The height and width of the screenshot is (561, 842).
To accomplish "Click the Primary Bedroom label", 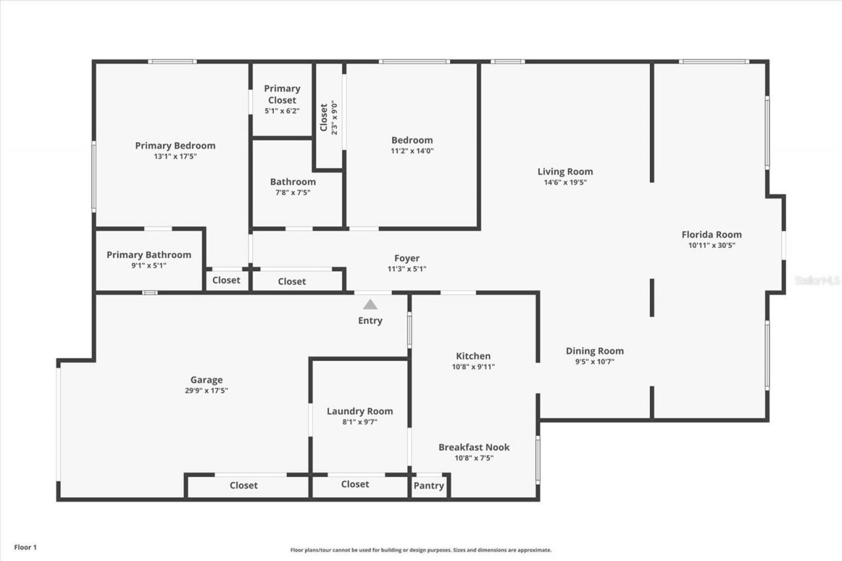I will coord(175,145).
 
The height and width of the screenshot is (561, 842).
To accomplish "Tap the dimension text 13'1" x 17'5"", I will coord(175,157).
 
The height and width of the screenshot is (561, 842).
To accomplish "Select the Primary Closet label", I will coord(282,94).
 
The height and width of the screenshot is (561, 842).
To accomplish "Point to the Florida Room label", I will coord(711,234).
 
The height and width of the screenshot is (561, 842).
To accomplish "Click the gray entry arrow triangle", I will coord(370,304).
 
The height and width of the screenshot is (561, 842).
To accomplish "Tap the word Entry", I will coord(370,320).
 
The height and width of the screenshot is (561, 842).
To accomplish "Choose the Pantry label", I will coord(428,485).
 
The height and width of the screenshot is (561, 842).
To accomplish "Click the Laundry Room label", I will coord(360,411).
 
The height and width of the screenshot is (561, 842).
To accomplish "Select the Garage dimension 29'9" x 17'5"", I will coord(207,390).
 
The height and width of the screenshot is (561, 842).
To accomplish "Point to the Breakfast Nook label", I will coord(474,447).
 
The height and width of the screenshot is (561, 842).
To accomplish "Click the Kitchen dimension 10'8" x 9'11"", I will coord(474,367).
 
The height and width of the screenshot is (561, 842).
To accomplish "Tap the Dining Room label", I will coord(595,351).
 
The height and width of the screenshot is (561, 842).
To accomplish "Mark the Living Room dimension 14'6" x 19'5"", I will coord(565,182).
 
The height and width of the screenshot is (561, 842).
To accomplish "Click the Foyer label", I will coord(407,258).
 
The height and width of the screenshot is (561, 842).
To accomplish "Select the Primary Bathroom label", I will coord(149,255).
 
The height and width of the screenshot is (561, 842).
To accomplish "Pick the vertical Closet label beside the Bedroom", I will coord(324,117).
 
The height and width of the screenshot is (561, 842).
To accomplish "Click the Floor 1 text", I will coord(26,547).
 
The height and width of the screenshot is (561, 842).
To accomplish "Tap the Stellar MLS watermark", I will coord(817,280).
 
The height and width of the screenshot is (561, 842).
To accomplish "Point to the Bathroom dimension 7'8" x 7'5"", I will coord(293,193).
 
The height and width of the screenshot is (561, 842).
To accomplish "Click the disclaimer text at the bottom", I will coord(421,550).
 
